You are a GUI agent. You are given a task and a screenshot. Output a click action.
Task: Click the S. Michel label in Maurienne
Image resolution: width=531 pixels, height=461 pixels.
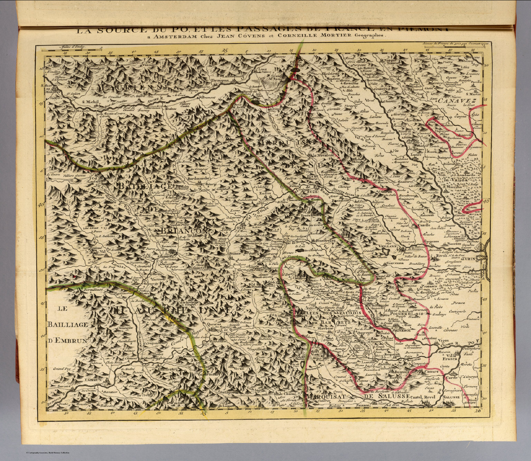pos(91,102)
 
